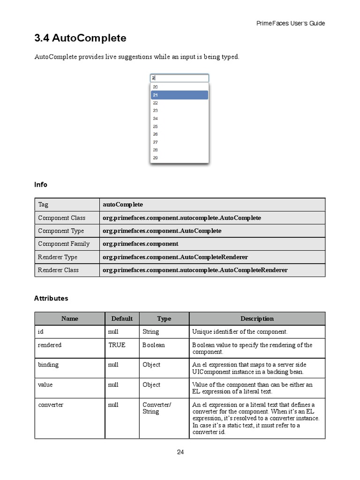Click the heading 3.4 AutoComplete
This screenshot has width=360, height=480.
click(x=80, y=37)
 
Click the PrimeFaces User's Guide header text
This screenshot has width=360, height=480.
click(x=291, y=23)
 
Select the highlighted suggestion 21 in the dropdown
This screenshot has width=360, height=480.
click(x=179, y=95)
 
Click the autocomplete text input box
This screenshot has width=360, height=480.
click(x=179, y=78)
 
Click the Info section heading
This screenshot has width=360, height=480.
click(x=41, y=185)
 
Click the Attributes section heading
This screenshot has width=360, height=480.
click(x=51, y=298)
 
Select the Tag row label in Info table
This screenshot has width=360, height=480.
click(x=43, y=205)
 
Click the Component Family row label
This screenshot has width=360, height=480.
click(x=64, y=244)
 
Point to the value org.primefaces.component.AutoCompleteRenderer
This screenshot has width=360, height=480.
click(x=175, y=257)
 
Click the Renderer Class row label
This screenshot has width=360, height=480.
click(x=59, y=270)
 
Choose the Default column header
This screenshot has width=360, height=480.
click(x=122, y=319)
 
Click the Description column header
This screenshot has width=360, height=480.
click(x=257, y=319)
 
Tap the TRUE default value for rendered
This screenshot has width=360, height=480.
click(x=117, y=345)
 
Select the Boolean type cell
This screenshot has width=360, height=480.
click(x=154, y=345)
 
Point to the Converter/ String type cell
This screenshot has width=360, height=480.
click(x=157, y=408)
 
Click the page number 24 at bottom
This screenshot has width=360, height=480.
click(x=180, y=452)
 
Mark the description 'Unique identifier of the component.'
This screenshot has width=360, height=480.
click(x=240, y=332)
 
